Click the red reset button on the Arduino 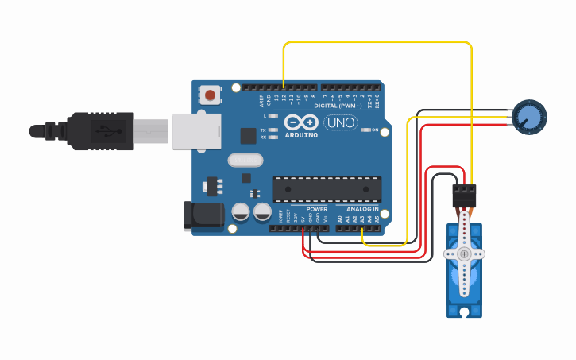pos(210,95)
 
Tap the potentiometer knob pos(530,116)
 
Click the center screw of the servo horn pos(464,254)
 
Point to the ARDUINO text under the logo pos(301,135)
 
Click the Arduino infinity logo pos(301,123)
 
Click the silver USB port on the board pos(197,130)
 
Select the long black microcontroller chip pos(327,189)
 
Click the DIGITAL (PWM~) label pos(338,106)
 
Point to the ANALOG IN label pos(362,209)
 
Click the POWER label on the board pos(316,209)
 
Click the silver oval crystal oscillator pos(245,160)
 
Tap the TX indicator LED pos(273,130)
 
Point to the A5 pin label pos(377,218)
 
